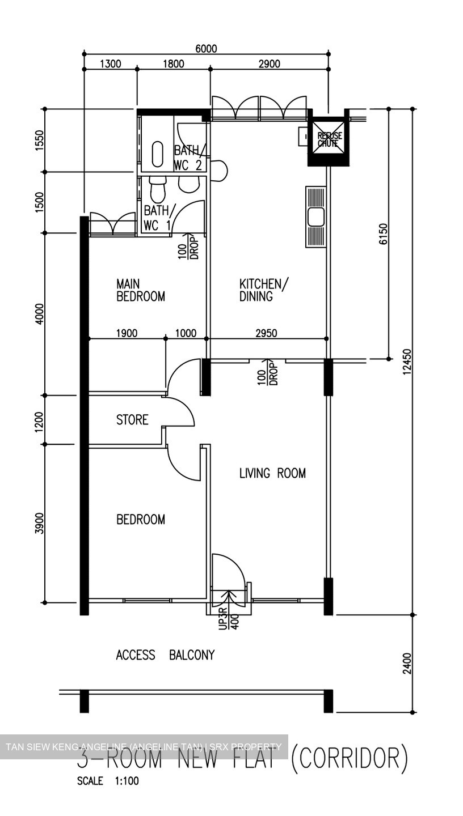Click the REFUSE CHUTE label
[x=329, y=139]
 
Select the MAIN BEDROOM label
[x=140, y=290]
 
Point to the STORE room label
[x=132, y=419]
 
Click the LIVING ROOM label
[x=272, y=473]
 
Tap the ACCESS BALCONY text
[x=165, y=655]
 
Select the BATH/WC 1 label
[x=157, y=218]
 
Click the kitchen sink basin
[x=315, y=216]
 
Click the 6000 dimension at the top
[x=206, y=49]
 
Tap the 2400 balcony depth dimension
[x=407, y=664]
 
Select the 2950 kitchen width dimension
[x=266, y=333]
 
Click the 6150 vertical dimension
[x=384, y=233]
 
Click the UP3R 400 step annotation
[x=229, y=618]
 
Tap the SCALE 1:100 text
[x=108, y=781]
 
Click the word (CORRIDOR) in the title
[x=349, y=759]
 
